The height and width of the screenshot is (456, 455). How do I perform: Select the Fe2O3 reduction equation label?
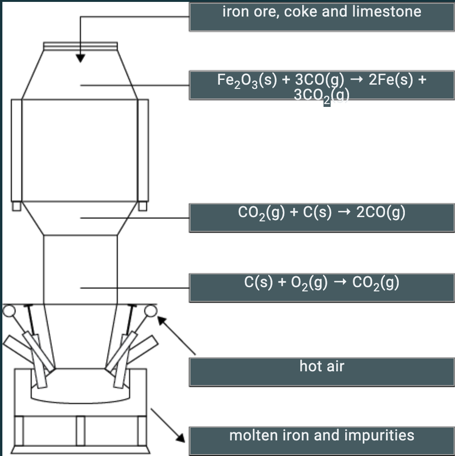click(322, 85)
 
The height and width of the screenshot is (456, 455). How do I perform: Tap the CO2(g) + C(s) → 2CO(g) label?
click(322, 218)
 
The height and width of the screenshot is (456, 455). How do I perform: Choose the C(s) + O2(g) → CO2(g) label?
click(322, 287)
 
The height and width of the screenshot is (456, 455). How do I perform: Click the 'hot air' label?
click(322, 371)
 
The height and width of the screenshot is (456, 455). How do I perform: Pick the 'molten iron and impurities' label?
click(322, 440)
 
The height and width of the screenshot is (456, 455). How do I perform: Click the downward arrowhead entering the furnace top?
click(81, 58)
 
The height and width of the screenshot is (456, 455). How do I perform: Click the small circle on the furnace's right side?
click(151, 310)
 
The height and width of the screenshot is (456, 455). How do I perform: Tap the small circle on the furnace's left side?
click(9, 310)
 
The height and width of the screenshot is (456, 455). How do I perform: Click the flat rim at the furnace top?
click(80, 45)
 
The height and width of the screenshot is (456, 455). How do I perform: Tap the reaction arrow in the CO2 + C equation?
click(344, 213)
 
